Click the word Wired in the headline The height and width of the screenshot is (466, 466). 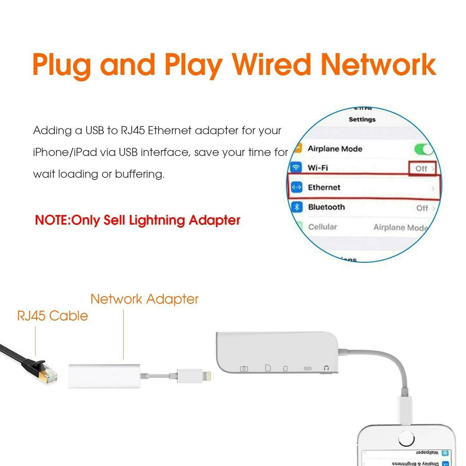(272, 64)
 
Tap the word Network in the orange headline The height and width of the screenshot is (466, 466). (378, 64)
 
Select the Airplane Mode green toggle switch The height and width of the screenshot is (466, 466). (424, 149)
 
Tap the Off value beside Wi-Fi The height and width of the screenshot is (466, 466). (422, 169)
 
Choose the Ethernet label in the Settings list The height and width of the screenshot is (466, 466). (324, 187)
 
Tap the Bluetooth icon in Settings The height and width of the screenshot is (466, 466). (296, 207)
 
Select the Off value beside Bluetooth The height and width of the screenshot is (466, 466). (422, 208)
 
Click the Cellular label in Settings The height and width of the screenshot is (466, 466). (322, 227)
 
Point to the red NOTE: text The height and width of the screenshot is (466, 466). (53, 220)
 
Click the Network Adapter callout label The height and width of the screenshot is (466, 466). (144, 299)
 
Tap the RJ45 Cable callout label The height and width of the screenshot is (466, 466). (53, 316)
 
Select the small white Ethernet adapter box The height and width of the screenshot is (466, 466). (104, 376)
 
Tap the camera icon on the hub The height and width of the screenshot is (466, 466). (244, 368)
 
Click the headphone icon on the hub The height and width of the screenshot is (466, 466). (326, 368)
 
